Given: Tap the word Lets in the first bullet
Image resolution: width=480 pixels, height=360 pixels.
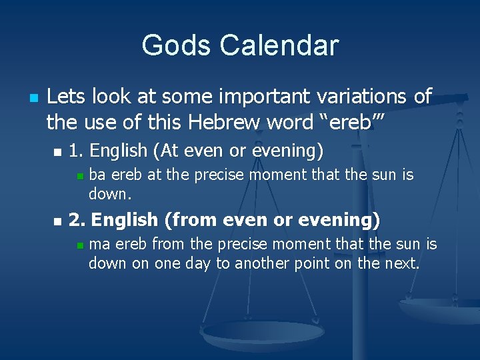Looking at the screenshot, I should [65, 97].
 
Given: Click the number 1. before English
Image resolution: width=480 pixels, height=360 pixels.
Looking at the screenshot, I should [77, 151].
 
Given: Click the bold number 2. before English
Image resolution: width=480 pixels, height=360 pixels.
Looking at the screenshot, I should [78, 219].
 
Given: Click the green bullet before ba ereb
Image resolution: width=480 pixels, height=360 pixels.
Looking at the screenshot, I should [79, 176].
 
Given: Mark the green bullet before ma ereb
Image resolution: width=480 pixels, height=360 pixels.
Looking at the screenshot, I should [79, 245].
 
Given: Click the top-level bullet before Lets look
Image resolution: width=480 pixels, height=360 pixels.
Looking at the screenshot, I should [33, 97].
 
